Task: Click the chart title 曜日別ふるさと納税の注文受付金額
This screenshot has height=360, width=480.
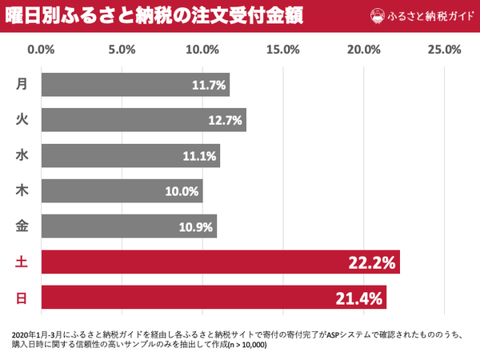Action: click(x=151, y=16)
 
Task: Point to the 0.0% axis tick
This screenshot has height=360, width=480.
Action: click(x=41, y=50)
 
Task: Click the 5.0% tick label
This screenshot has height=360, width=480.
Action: click(x=122, y=50)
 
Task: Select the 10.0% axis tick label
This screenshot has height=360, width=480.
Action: click(x=202, y=50)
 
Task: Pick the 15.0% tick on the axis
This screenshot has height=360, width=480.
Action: click(x=283, y=50)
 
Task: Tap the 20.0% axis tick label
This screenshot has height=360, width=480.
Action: click(x=364, y=50)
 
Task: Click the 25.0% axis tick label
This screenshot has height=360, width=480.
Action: click(x=445, y=50)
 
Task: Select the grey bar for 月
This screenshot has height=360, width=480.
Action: click(x=134, y=85)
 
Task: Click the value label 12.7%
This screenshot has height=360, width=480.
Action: click(x=225, y=121)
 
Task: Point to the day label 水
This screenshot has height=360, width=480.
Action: click(x=22, y=156)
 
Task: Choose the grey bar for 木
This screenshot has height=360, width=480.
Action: click(x=122, y=191)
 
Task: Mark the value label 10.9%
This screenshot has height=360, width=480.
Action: click(x=196, y=227)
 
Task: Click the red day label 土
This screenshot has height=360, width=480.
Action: click(x=22, y=262)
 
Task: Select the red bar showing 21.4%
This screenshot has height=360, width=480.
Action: click(x=214, y=298)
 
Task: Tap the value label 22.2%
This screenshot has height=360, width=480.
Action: click(x=370, y=262)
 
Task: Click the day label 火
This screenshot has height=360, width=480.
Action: click(x=22, y=121)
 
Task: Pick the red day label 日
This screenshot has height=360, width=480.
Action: click(x=22, y=298)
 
